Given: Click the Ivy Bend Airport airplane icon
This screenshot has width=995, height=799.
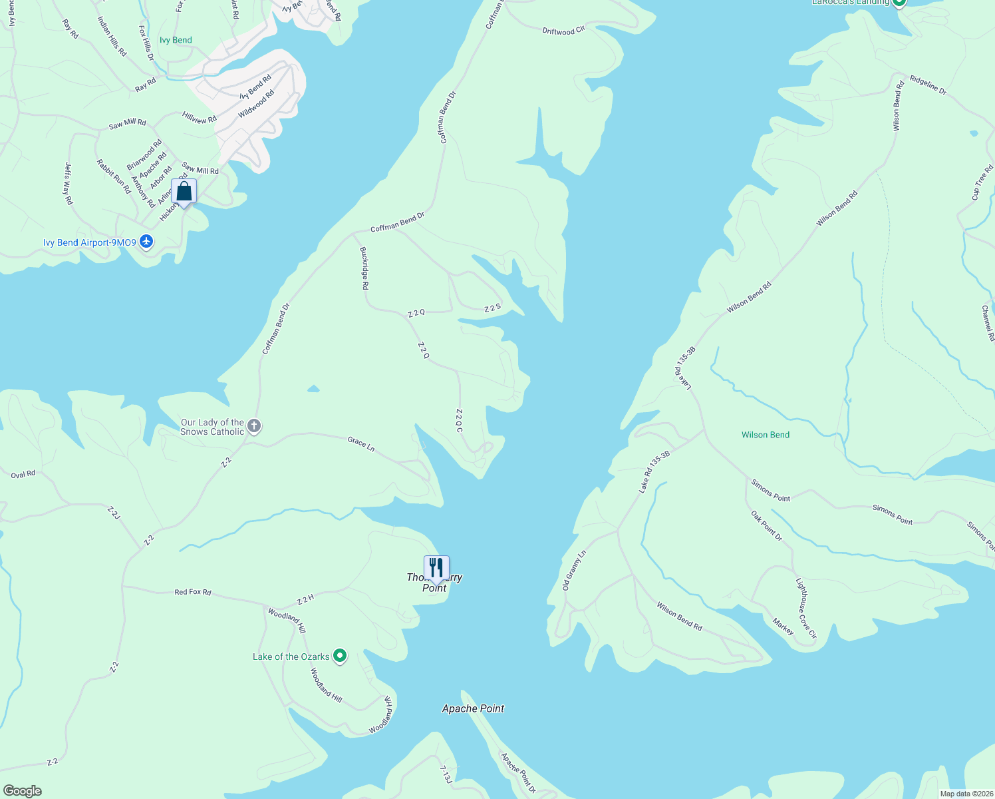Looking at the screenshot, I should point(147,242).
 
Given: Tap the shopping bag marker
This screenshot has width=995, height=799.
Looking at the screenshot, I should point(184,192).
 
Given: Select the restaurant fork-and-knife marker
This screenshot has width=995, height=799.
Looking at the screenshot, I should point(436,568).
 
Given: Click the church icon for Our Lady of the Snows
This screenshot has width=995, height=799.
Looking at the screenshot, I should point(253,426).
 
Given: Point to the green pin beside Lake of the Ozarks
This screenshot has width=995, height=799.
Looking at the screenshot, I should point(340,657).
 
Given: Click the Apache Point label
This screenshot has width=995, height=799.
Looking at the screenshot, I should point(473,708).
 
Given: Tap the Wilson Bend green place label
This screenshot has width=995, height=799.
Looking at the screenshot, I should point(766,435).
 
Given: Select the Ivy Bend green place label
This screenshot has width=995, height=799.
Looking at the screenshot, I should point(176,40).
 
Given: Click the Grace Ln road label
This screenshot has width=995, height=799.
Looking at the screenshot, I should point(361,443).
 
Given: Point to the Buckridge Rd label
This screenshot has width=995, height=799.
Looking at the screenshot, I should point(364,268).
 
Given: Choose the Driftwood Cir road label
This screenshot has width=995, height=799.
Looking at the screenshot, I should point(563,31).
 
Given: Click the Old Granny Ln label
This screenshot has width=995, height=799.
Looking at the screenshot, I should point(575,570).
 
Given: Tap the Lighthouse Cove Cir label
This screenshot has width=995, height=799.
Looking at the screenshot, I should point(806,608).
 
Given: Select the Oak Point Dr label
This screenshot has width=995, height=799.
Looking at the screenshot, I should point(767,525).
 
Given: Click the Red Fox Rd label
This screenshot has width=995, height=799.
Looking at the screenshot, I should point(193,591).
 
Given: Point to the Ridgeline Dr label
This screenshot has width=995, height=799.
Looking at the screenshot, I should point(928,85).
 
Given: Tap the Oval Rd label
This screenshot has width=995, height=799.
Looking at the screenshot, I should point(23,475).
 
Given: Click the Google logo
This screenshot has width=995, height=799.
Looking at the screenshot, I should point(22,791).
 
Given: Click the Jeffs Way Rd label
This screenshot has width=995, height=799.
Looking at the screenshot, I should point(69,183).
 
